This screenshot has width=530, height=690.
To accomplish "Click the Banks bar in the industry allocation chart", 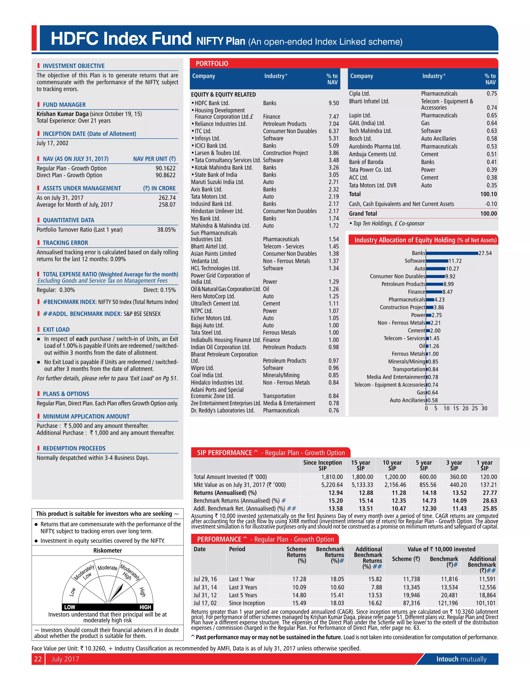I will click(x=452, y=253).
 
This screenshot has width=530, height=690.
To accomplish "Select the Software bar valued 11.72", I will click(x=437, y=261).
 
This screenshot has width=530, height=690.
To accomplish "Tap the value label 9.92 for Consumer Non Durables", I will click(x=450, y=276).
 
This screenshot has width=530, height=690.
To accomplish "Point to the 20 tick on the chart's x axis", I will click(x=465, y=408).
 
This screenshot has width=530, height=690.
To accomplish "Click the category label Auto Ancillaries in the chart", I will click(x=407, y=400).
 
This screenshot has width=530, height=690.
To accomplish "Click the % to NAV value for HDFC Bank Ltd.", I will click(x=334, y=103).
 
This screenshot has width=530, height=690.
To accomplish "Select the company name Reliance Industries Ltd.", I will click(x=220, y=124).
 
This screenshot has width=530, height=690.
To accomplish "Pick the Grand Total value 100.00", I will click(x=488, y=214).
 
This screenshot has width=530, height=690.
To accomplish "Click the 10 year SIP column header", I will click(x=392, y=465).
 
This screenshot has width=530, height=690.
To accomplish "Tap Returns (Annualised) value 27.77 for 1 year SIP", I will click(x=490, y=493).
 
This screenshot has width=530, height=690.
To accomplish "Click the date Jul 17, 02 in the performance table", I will click(x=205, y=603).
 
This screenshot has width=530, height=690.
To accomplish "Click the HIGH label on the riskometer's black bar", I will click(x=145, y=607).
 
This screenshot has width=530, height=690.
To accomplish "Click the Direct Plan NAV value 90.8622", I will click(x=165, y=175).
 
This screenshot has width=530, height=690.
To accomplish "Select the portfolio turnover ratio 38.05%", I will click(x=166, y=230).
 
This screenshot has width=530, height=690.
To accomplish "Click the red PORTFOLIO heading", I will click(x=212, y=64).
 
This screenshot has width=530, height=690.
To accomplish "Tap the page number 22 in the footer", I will click(x=38, y=659).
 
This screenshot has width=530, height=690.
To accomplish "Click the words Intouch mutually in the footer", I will click(x=461, y=659).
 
